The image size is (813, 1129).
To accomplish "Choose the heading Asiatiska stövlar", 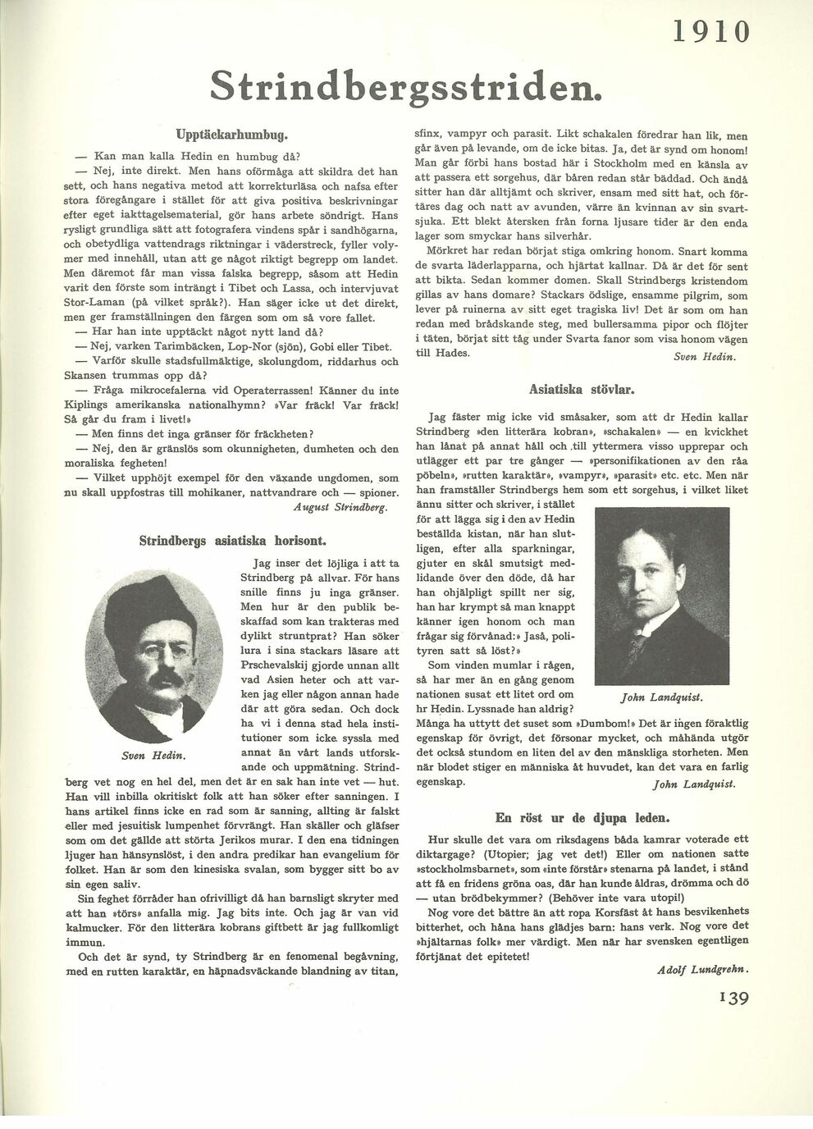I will [582, 389].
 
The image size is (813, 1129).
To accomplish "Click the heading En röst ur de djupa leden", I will [582, 817].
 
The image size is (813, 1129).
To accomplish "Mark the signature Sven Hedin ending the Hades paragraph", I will [704, 357].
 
